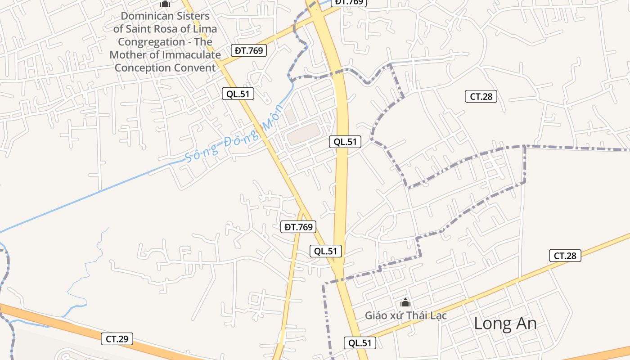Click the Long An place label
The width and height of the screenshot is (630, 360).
click(x=505, y=324)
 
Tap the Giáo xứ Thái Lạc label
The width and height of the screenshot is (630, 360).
click(x=405, y=315)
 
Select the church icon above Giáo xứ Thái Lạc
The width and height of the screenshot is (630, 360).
click(x=405, y=302)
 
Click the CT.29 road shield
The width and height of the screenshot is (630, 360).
click(x=117, y=339)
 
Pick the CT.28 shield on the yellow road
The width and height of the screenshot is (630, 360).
click(x=565, y=256)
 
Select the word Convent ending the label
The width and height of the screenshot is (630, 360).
click(x=190, y=68)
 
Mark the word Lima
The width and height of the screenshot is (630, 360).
click(x=204, y=29)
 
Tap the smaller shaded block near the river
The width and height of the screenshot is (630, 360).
click(x=290, y=115)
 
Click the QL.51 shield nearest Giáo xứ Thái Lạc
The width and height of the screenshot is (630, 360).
click(x=360, y=343)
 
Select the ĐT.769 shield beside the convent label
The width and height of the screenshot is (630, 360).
click(x=249, y=50)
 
